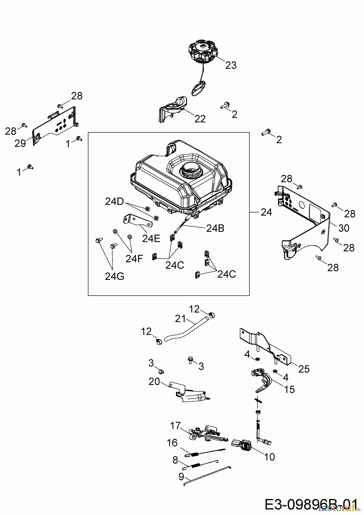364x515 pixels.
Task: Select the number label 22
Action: coord(200,119)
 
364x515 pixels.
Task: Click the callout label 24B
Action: coord(215,228)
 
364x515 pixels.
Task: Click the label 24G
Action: coord(114,276)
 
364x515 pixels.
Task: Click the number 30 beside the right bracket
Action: coord(344,228)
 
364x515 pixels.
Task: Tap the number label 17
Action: coord(175,425)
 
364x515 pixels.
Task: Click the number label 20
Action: coord(154,381)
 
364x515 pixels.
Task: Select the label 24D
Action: coord(114,202)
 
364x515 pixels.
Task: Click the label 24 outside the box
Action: coord(266,212)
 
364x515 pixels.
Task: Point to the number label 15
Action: coord(290,389)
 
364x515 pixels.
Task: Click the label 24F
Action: coord(134,259)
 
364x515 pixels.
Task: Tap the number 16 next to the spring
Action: coord(172,443)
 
